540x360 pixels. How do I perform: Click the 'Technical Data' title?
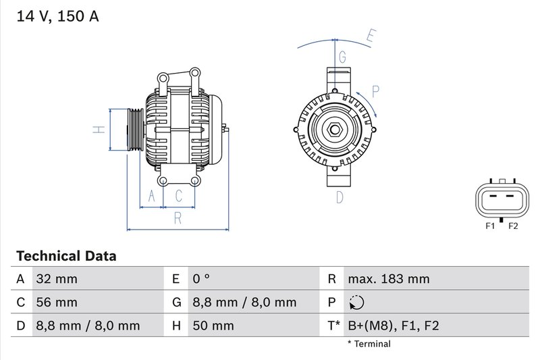[66, 256]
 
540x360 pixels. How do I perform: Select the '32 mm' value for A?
[57, 279]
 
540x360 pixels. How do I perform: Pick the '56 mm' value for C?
[57, 302]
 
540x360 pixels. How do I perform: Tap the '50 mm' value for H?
[213, 326]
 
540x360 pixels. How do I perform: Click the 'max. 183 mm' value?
[388, 279]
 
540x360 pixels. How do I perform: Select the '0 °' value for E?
[201, 279]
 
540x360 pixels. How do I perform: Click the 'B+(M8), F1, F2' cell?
[393, 326]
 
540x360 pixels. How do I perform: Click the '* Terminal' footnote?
[369, 344]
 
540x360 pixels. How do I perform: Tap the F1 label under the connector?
[490, 226]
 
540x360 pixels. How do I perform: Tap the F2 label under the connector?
[512, 226]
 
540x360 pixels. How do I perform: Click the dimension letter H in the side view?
[99, 129]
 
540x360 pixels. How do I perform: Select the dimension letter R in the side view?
[178, 217]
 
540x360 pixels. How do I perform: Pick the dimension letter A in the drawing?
[152, 197]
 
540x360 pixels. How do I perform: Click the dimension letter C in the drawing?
[179, 197]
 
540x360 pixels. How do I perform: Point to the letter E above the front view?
[370, 36]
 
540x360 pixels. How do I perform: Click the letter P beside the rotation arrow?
[375, 91]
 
